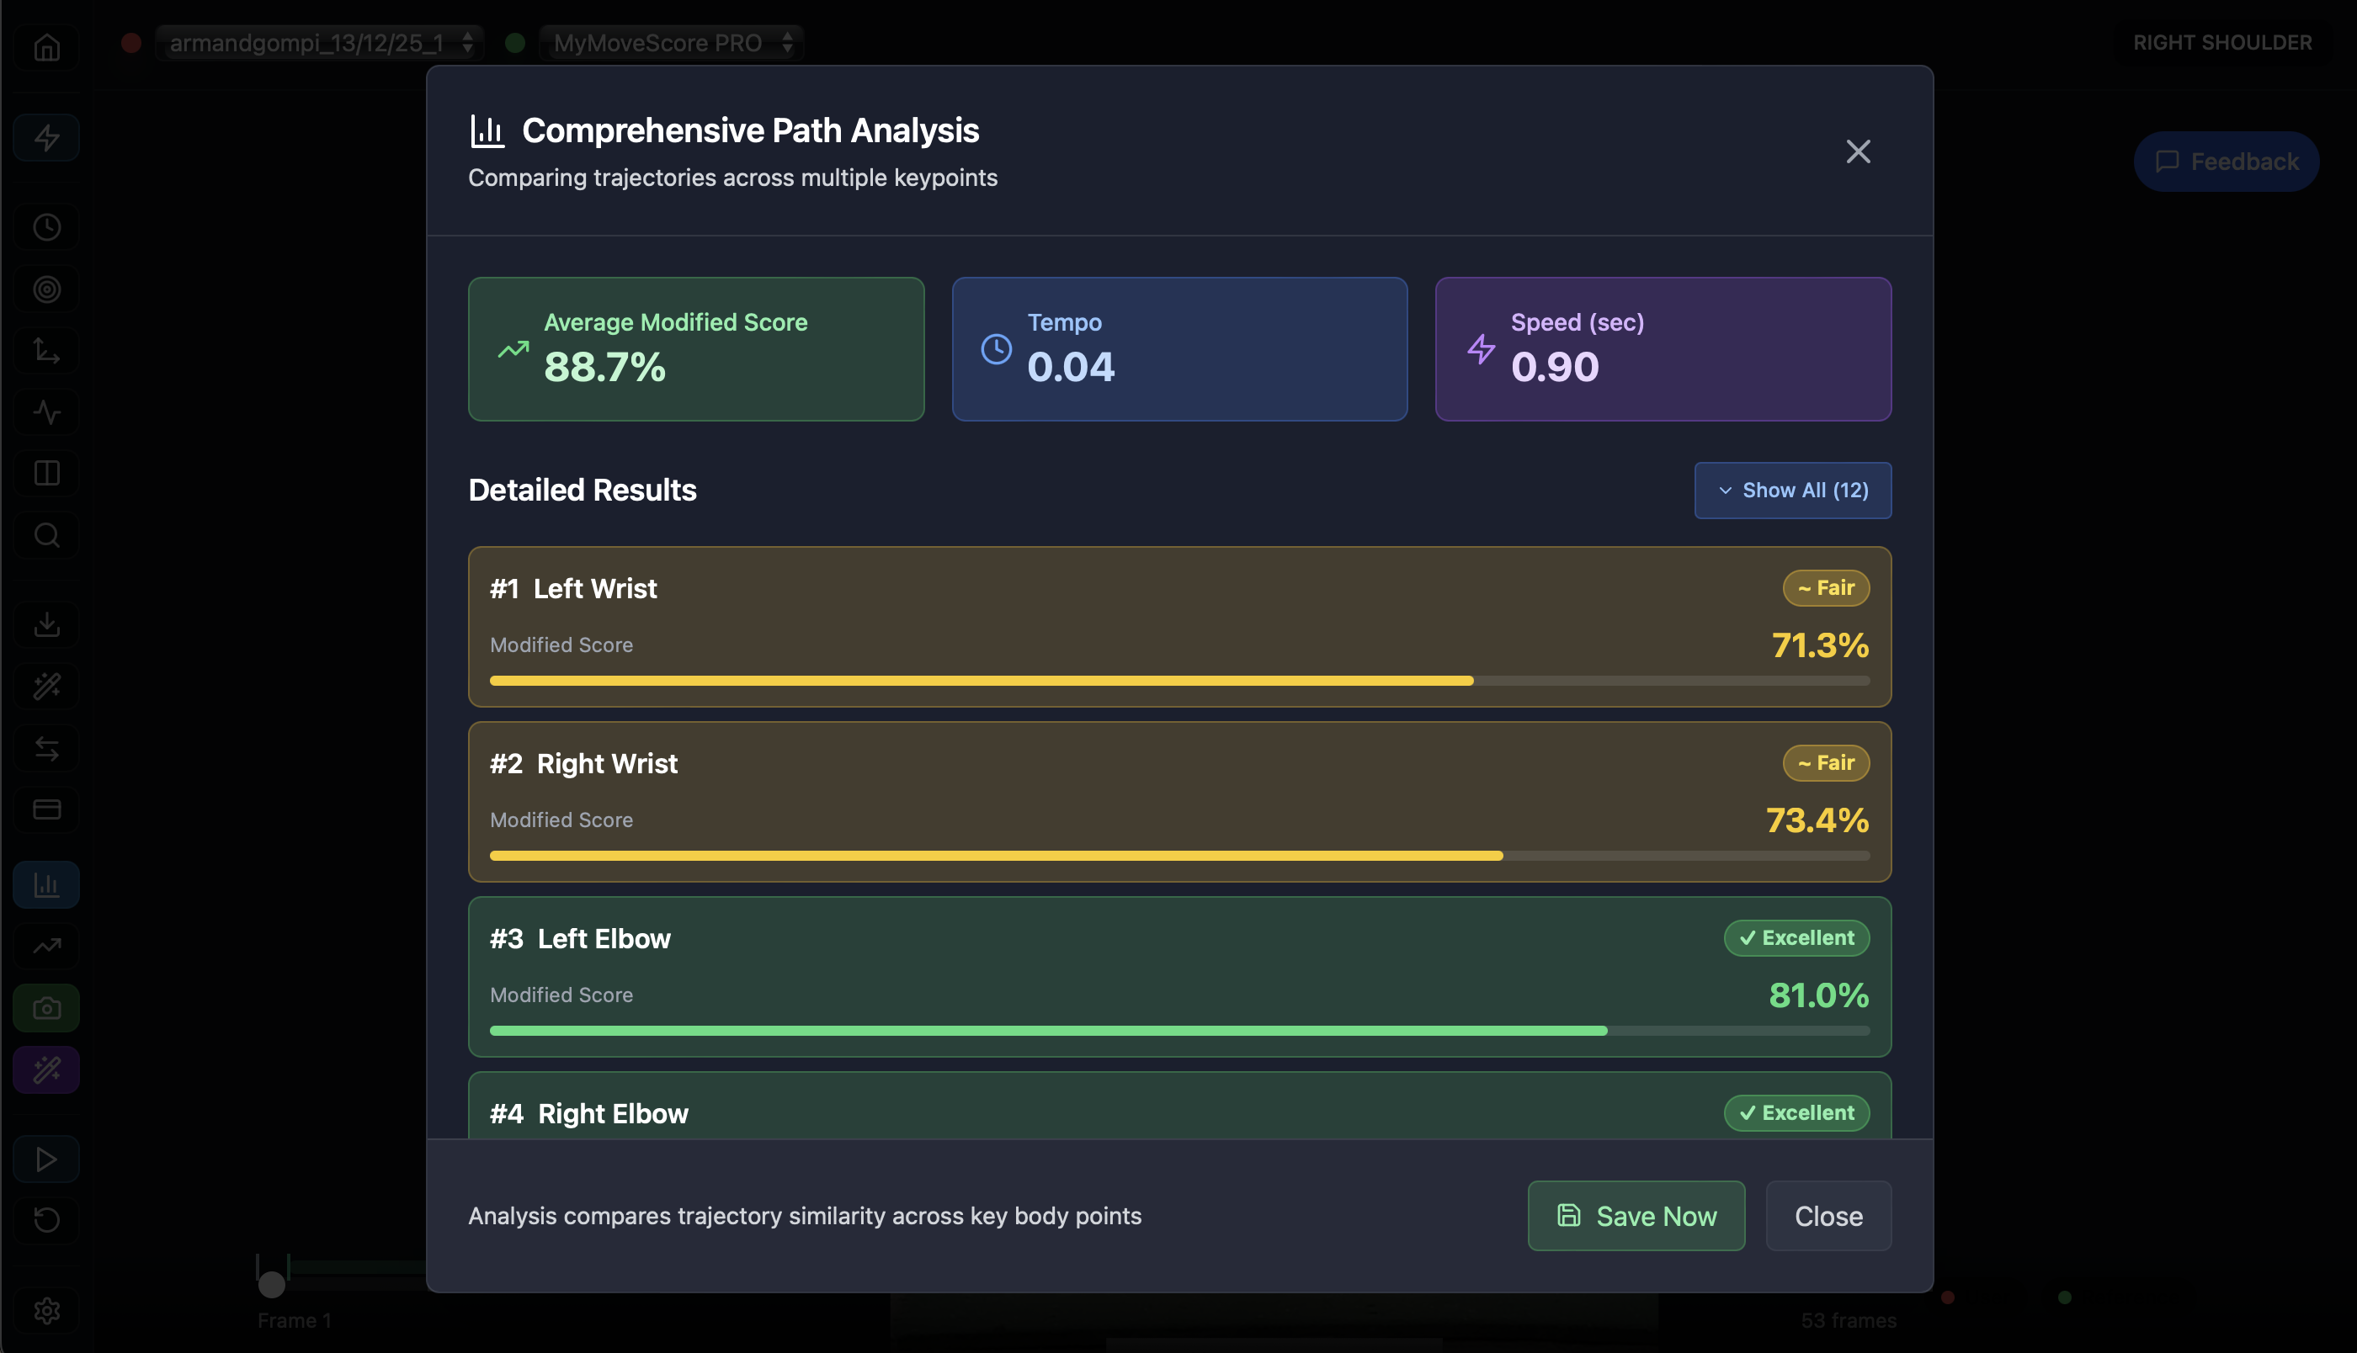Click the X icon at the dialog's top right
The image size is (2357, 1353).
click(1857, 151)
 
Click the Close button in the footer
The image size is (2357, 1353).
click(1828, 1216)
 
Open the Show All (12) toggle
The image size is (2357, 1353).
click(1792, 490)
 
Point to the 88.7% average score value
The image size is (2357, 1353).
click(605, 367)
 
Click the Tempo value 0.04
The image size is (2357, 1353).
click(1071, 367)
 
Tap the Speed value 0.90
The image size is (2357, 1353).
click(1554, 367)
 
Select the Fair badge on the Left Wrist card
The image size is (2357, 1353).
click(1825, 588)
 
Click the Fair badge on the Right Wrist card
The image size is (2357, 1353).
click(1825, 763)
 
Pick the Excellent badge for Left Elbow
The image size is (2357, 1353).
click(1796, 937)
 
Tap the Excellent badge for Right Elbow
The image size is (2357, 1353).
click(1796, 1112)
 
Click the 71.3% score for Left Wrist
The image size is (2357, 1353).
click(1819, 645)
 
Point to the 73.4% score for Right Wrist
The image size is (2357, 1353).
click(1816, 820)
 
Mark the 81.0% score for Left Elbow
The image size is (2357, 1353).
click(1818, 995)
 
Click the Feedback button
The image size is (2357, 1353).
click(2226, 162)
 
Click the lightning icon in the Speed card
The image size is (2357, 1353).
click(1481, 349)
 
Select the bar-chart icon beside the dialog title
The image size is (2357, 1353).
click(487, 131)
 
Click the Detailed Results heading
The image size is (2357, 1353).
click(582, 490)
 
